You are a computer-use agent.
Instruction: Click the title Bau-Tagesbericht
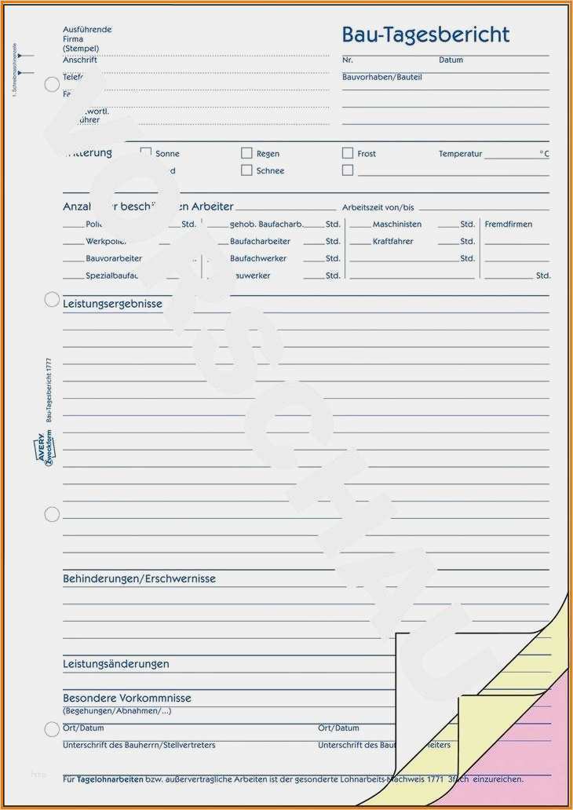pyautogui.click(x=425, y=35)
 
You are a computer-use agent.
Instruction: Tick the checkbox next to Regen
pyautogui.click(x=246, y=153)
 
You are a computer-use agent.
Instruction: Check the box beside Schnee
pyautogui.click(x=246, y=170)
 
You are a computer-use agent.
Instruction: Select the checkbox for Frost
pyautogui.click(x=348, y=153)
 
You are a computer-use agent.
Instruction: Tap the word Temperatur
pyautogui.click(x=460, y=154)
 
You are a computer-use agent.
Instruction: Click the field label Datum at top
pyautogui.click(x=451, y=60)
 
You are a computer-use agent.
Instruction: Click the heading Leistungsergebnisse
pyautogui.click(x=112, y=304)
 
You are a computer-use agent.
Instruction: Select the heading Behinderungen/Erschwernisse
pyautogui.click(x=139, y=578)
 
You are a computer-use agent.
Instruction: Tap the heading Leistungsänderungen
pyautogui.click(x=116, y=664)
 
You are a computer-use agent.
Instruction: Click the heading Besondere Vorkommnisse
pyautogui.click(x=127, y=698)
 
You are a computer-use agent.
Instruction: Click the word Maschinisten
pyautogui.click(x=396, y=224)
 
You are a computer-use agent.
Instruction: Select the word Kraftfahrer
pyautogui.click(x=392, y=242)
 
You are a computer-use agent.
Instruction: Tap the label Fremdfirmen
pyautogui.click(x=508, y=224)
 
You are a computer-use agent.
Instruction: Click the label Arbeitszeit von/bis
pyautogui.click(x=378, y=207)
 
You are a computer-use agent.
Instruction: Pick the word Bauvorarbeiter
pyautogui.click(x=114, y=258)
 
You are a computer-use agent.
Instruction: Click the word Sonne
pyautogui.click(x=167, y=154)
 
